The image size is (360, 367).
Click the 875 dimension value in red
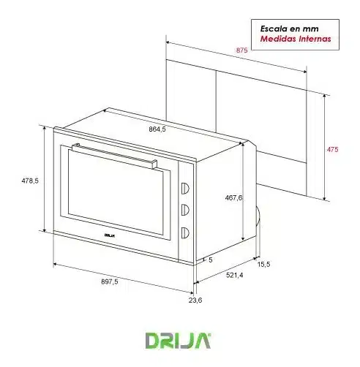(241, 50)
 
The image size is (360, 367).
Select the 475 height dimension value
(333, 149)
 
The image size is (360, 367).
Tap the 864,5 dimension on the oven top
(157, 129)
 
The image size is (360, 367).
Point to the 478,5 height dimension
(30, 181)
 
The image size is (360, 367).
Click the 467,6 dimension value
(233, 197)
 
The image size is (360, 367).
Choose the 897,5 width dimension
(110, 281)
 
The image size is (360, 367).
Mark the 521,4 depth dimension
(235, 275)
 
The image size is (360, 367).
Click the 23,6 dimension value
(195, 300)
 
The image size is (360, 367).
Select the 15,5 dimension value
(264, 264)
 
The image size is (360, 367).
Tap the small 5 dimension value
(211, 260)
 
